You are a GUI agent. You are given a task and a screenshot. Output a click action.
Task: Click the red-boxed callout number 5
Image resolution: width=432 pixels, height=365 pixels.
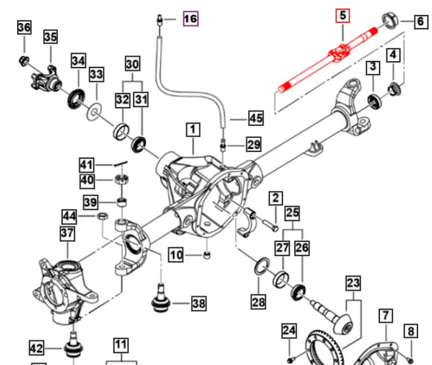point(343,15)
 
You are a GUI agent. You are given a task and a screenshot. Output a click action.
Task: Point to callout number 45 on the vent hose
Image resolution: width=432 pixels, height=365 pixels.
point(255,118)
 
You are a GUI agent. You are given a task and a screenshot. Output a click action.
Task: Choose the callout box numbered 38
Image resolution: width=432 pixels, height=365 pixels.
point(198,303)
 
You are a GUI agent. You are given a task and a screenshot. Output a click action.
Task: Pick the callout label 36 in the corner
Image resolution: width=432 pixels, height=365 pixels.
point(24,28)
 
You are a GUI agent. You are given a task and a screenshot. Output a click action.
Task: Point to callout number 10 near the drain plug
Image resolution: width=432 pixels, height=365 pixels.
point(176,256)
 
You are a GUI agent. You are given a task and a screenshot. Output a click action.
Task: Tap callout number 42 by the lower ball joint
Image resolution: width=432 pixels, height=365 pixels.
point(36,347)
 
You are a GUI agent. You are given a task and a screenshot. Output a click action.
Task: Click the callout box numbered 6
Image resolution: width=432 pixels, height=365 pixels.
point(421,22)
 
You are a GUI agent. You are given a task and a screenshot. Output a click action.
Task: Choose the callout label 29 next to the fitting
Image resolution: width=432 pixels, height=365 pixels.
point(254,144)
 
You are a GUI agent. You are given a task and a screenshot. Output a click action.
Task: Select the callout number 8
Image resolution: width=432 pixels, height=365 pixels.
point(410,330)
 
